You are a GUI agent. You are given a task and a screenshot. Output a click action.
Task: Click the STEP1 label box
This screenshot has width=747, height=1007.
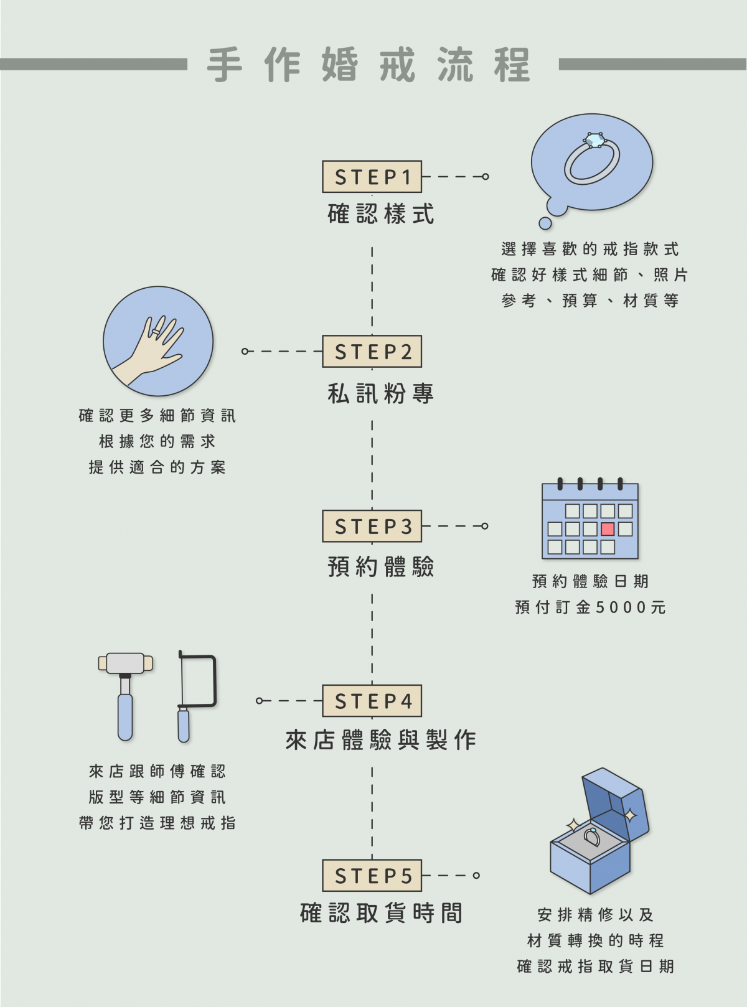point(372,177)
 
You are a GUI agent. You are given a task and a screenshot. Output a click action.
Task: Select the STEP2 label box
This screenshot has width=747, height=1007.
point(372,352)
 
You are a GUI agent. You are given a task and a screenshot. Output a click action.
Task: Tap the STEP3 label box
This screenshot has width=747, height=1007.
point(372,527)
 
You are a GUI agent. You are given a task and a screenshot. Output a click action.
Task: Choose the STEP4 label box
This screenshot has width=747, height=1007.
point(372,701)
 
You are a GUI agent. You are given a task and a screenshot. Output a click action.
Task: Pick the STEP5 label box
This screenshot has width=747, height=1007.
point(372,876)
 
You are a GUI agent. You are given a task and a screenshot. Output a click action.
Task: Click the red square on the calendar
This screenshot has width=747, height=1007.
point(608,529)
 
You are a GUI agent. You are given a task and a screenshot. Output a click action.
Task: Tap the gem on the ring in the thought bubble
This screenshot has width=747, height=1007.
point(594,141)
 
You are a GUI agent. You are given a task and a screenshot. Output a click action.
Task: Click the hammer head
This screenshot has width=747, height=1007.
point(125,663)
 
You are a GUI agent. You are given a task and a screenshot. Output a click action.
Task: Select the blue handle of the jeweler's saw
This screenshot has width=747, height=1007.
point(184,726)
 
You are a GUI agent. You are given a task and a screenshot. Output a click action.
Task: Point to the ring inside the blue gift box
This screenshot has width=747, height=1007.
point(592,837)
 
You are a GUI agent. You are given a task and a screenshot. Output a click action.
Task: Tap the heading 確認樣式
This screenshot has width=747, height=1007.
point(381,214)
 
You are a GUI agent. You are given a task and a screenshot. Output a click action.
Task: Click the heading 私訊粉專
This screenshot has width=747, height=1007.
point(381,393)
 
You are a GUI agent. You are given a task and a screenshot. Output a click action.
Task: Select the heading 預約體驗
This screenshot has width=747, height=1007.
point(381,567)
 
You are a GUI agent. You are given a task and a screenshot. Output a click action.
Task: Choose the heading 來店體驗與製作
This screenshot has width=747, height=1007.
point(381,740)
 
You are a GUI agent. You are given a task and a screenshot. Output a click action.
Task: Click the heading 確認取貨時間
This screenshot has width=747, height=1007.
point(381,913)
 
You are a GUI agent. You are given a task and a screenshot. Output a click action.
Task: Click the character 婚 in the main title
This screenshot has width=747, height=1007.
point(340,65)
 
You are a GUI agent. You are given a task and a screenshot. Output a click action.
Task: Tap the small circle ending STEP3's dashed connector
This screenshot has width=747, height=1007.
point(485,526)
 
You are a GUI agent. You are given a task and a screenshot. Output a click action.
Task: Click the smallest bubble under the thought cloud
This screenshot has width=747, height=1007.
point(545,223)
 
